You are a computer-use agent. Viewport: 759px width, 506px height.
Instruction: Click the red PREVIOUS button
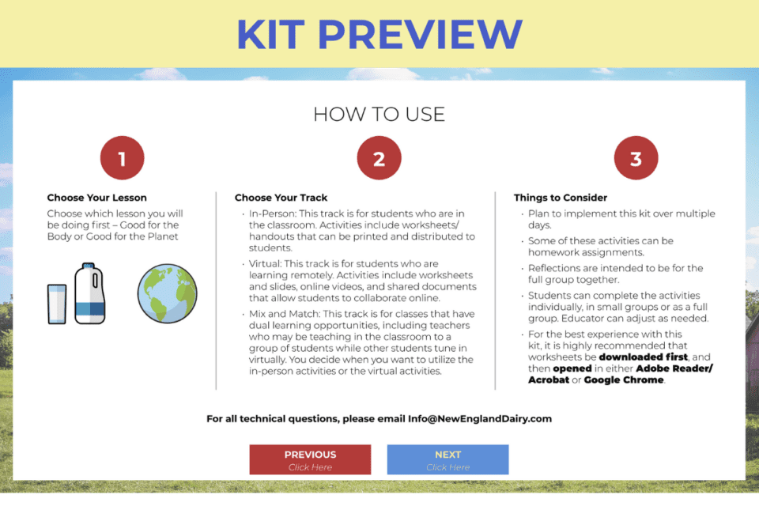tap(310, 459)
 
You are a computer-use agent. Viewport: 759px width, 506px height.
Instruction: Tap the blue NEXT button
tap(447, 459)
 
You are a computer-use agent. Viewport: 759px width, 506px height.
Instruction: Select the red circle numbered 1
tap(122, 158)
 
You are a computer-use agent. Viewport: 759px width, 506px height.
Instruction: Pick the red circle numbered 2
tap(379, 158)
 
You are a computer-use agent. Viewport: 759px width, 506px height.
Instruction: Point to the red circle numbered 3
tap(636, 158)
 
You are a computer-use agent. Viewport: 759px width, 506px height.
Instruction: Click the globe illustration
tap(166, 294)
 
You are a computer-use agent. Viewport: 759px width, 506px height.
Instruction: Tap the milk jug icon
tap(89, 293)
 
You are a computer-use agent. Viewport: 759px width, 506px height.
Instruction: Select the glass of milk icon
tap(57, 304)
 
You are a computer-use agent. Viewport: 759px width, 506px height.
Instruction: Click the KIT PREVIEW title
tap(379, 33)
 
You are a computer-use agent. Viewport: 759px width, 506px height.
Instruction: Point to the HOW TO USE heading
tap(379, 114)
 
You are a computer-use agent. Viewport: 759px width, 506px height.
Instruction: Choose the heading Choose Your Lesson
tap(96, 198)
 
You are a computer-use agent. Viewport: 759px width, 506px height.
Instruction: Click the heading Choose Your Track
tap(281, 198)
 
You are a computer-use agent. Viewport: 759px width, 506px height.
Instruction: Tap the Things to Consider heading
tap(561, 198)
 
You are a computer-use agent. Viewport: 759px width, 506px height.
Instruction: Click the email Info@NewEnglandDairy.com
tap(480, 418)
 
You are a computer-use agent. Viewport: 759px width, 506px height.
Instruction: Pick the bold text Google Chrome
tap(624, 379)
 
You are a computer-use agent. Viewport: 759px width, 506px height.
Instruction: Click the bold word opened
tap(572, 368)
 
